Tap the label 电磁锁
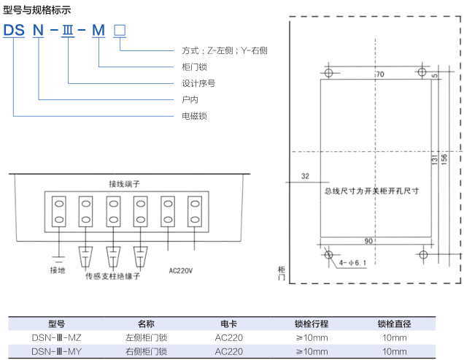coord(194,115)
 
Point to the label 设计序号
coord(198,83)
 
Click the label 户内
coord(190,99)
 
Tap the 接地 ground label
coord(58,270)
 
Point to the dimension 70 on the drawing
coord(379,75)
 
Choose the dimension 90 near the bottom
coord(369,241)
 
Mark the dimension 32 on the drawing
coord(305,176)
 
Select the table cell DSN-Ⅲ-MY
coord(57,351)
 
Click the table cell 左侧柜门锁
coord(146,338)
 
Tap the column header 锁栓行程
coord(312,324)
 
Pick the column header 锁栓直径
coord(395,324)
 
